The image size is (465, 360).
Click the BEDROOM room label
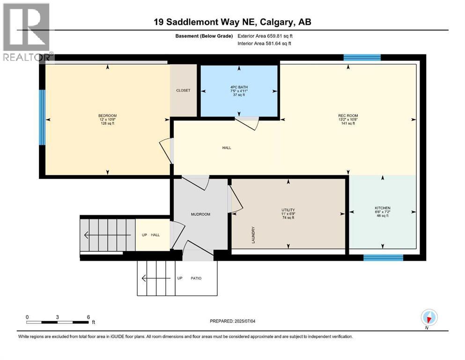click(107, 116)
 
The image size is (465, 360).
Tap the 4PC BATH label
click(239, 87)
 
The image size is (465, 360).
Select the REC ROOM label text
click(348, 116)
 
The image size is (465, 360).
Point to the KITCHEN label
click(382, 208)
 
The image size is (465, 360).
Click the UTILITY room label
click(288, 210)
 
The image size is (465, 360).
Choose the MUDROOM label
click(200, 214)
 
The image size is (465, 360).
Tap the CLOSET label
click(183, 90)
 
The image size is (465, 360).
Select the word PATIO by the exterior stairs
click(196, 278)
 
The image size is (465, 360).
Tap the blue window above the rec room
click(362, 58)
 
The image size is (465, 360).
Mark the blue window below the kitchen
click(383, 257)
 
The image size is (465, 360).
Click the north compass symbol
click(428, 317)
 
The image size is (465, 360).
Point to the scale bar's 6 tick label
click(88, 317)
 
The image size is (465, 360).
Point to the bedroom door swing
click(166, 150)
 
